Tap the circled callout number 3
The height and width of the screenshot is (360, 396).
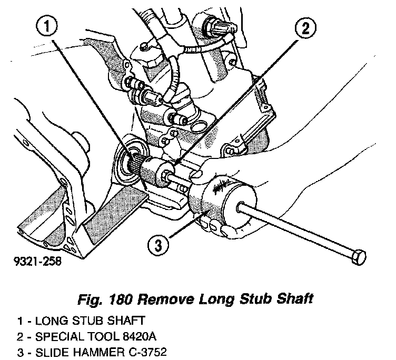pos(160,243)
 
